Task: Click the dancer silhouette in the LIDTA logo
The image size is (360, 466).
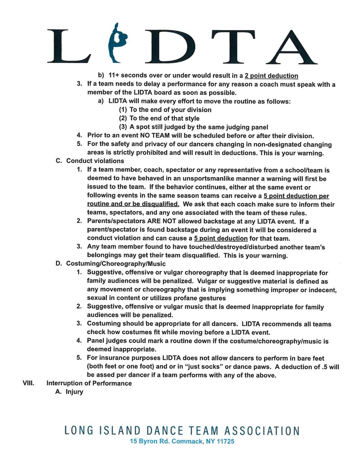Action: [117, 43]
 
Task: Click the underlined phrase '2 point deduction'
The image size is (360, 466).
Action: [271, 76]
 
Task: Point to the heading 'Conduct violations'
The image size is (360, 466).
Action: [95, 161]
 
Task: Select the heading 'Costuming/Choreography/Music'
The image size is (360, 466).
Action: [116, 264]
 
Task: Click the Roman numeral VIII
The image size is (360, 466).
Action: [28, 383]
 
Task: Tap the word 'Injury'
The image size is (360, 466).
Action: [74, 392]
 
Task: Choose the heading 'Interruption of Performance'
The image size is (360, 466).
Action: [89, 383]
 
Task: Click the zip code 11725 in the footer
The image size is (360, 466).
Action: [225, 442]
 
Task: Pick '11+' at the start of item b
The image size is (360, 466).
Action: [113, 75]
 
